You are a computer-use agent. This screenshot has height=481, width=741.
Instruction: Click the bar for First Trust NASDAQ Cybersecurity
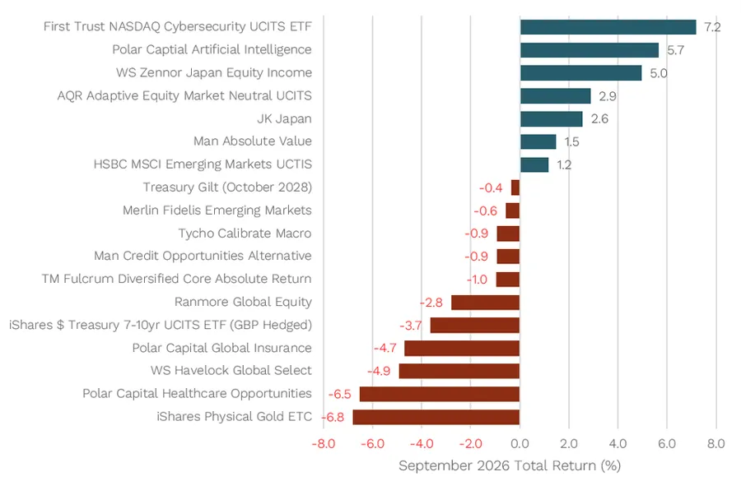(608, 27)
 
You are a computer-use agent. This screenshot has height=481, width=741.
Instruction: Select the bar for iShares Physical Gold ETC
(436, 417)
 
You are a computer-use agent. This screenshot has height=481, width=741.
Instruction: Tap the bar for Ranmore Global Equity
(485, 302)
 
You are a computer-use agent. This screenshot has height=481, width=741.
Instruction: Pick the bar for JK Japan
(552, 119)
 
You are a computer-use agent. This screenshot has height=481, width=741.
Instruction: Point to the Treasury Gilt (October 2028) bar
(515, 187)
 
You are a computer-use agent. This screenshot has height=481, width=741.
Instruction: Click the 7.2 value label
(712, 27)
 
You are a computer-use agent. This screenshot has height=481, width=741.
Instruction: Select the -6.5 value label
(340, 394)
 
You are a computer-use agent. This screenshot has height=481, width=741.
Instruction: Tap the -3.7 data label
(411, 326)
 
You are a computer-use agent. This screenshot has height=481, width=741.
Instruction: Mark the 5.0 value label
(659, 73)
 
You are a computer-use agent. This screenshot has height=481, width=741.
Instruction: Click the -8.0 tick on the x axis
(324, 444)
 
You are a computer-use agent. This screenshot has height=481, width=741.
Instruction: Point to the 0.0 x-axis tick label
(520, 444)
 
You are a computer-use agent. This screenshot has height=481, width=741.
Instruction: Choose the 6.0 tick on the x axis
(667, 444)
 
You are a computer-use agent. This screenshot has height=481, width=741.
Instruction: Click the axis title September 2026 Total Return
(510, 466)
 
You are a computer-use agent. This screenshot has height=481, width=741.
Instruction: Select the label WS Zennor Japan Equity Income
(214, 72)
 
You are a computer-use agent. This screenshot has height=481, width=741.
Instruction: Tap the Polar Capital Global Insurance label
(221, 348)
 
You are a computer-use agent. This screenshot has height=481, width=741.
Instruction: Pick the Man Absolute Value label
(253, 141)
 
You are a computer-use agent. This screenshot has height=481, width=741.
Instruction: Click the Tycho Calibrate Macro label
(245, 234)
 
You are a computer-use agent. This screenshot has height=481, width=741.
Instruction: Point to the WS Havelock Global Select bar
(459, 371)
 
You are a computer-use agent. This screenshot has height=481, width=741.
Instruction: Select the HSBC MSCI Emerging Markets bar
(534, 164)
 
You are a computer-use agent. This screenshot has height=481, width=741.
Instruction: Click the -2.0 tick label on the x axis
(470, 444)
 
